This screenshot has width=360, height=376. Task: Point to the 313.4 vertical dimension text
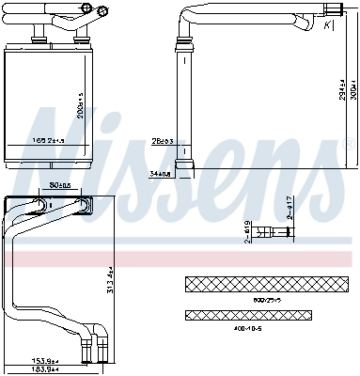pos(111,278)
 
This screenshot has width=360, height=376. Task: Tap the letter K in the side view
pos(326,25)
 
